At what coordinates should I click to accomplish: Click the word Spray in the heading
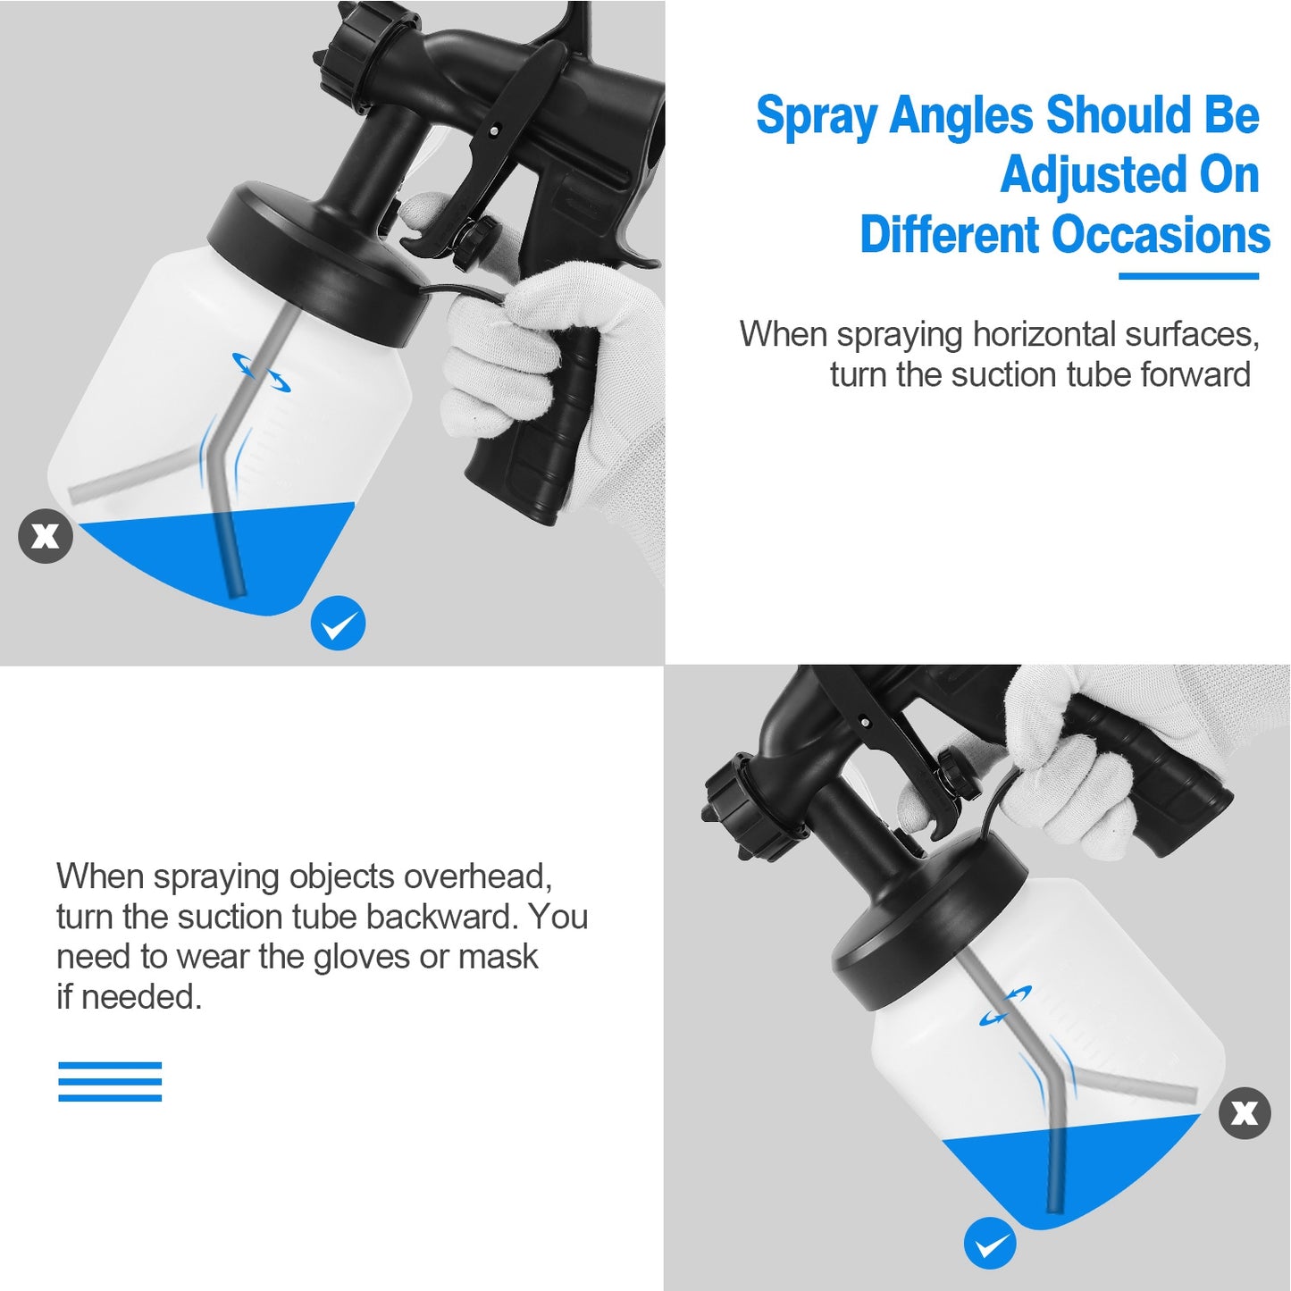817,117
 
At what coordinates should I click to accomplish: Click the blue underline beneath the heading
1188,276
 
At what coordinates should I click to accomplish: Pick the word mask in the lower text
498,957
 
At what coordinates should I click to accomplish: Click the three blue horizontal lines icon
110,1081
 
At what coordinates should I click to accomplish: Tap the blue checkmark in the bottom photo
990,1244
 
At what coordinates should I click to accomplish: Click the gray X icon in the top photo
45,536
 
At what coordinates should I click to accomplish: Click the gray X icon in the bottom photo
1245,1113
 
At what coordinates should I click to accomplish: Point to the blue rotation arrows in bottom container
1006,1005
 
